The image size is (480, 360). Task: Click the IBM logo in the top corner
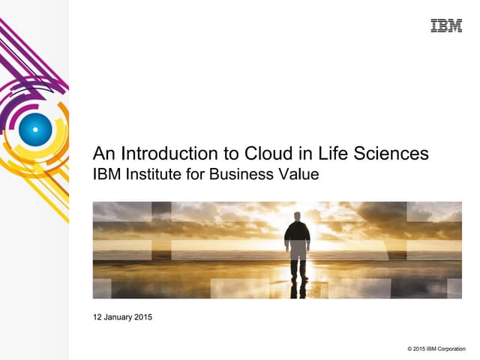(446, 26)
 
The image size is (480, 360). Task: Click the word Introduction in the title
(165, 154)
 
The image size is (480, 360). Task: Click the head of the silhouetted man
(298, 217)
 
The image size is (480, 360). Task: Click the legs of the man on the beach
(298, 266)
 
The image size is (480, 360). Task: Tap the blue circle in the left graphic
(34, 128)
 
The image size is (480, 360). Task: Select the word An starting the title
(102, 154)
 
